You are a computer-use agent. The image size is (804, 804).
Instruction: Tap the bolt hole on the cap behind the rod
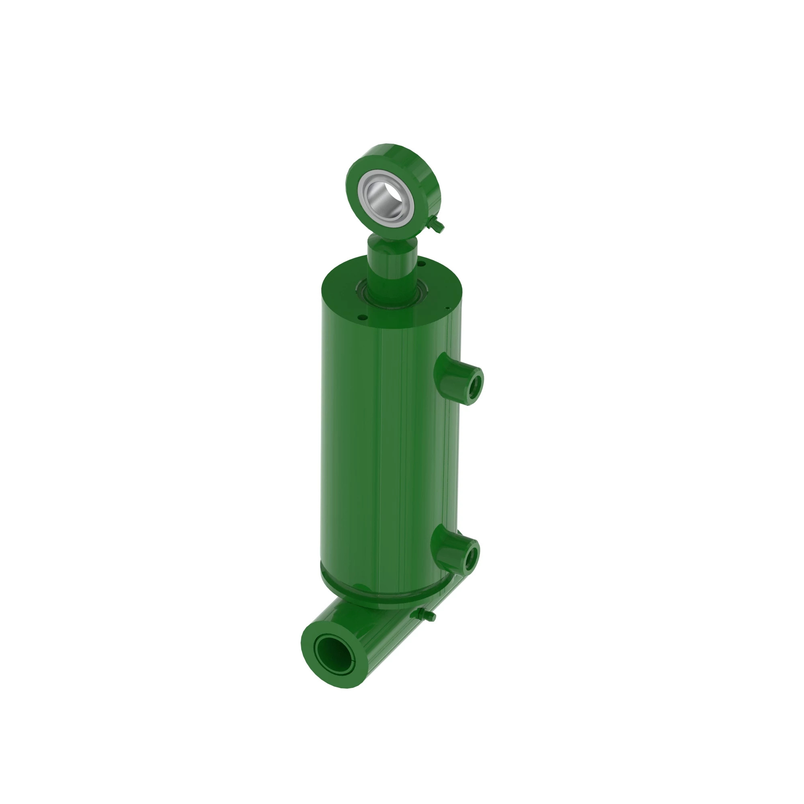(x=421, y=263)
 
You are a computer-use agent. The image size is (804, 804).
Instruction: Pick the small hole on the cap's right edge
(x=447, y=308)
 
